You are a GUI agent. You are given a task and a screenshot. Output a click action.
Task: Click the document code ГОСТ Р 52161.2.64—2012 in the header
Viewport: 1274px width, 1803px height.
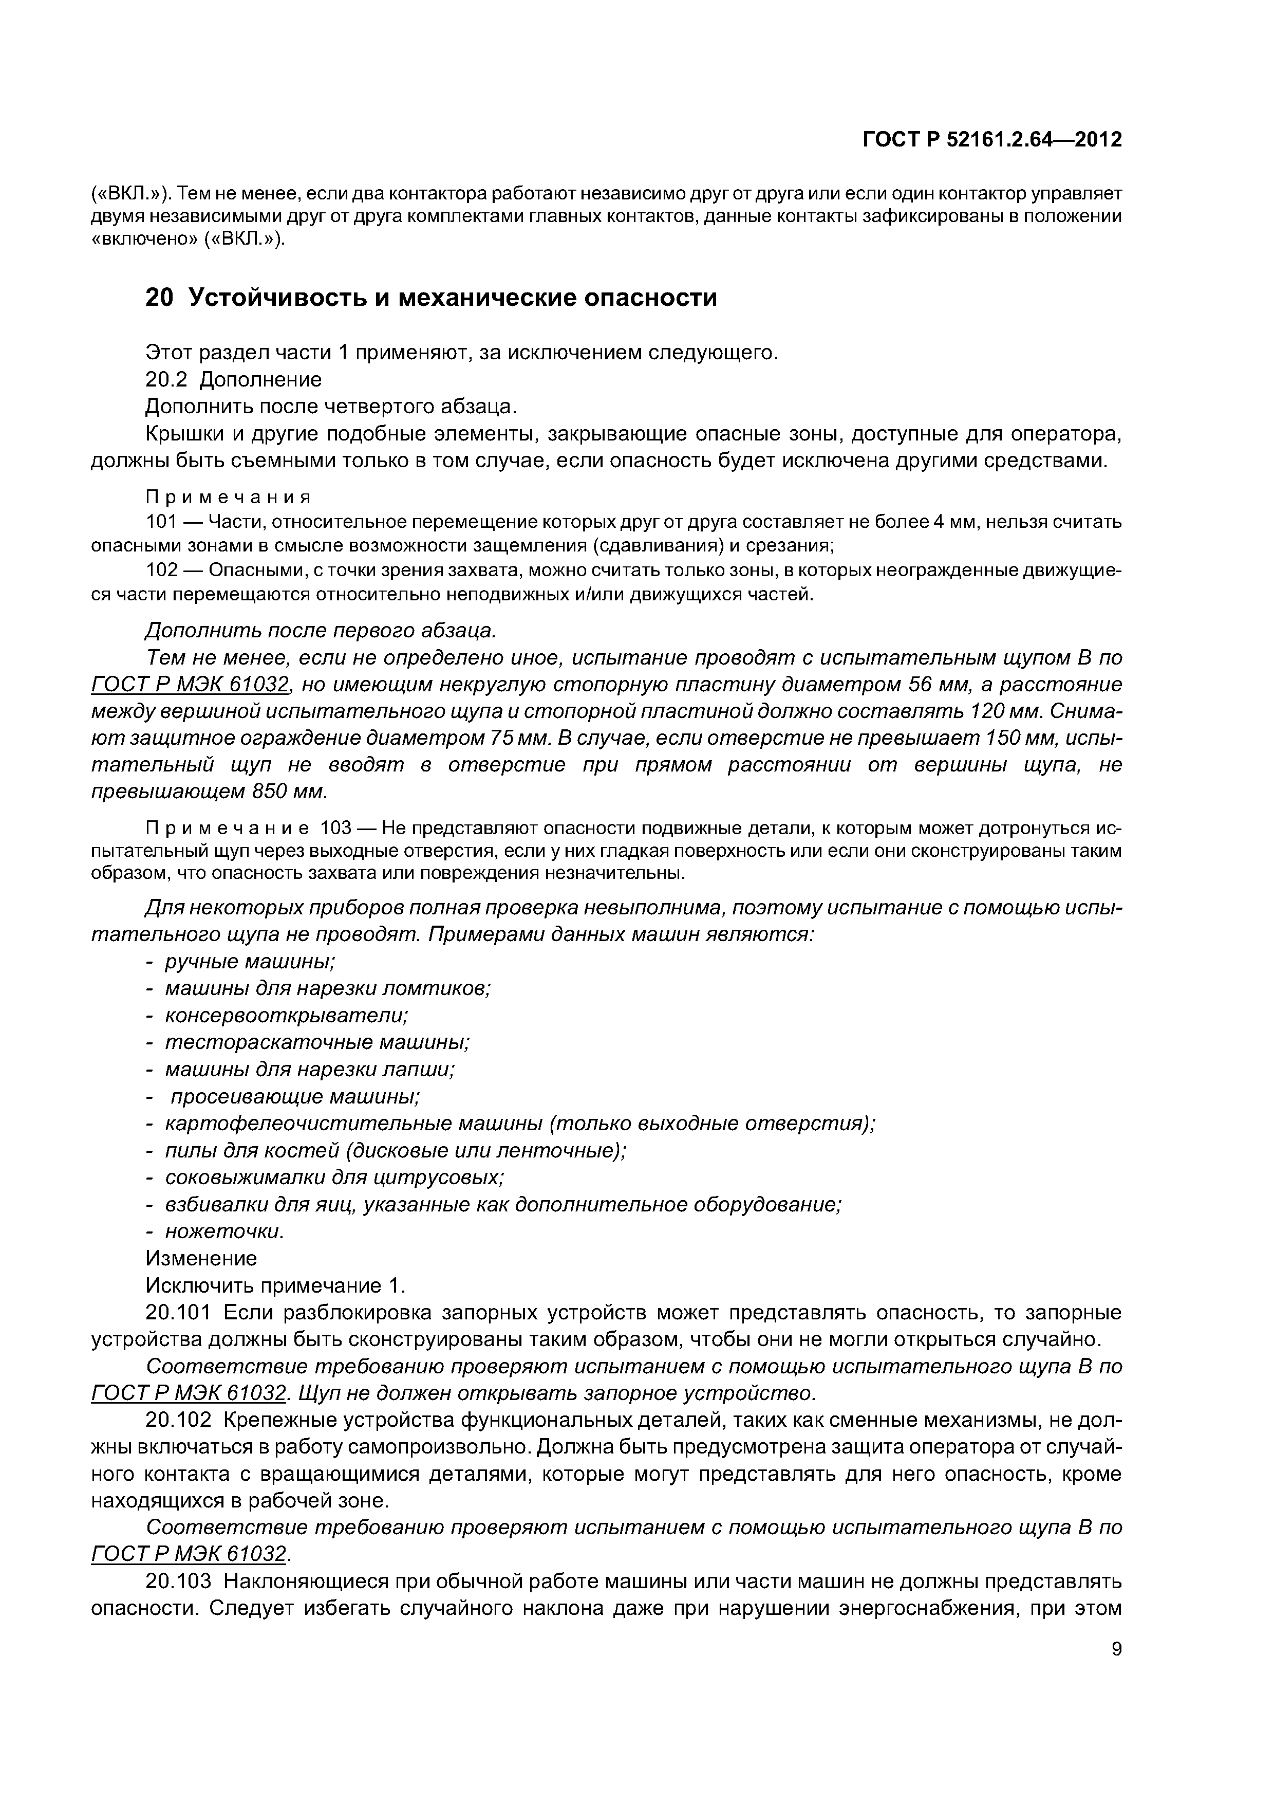(x=992, y=140)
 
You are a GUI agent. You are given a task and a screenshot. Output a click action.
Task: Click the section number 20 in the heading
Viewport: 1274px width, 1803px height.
(x=159, y=299)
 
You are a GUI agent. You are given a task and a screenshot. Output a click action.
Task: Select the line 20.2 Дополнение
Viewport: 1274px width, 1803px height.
(x=234, y=380)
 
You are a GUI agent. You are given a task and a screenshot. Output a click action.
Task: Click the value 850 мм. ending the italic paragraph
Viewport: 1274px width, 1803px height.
(x=289, y=792)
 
